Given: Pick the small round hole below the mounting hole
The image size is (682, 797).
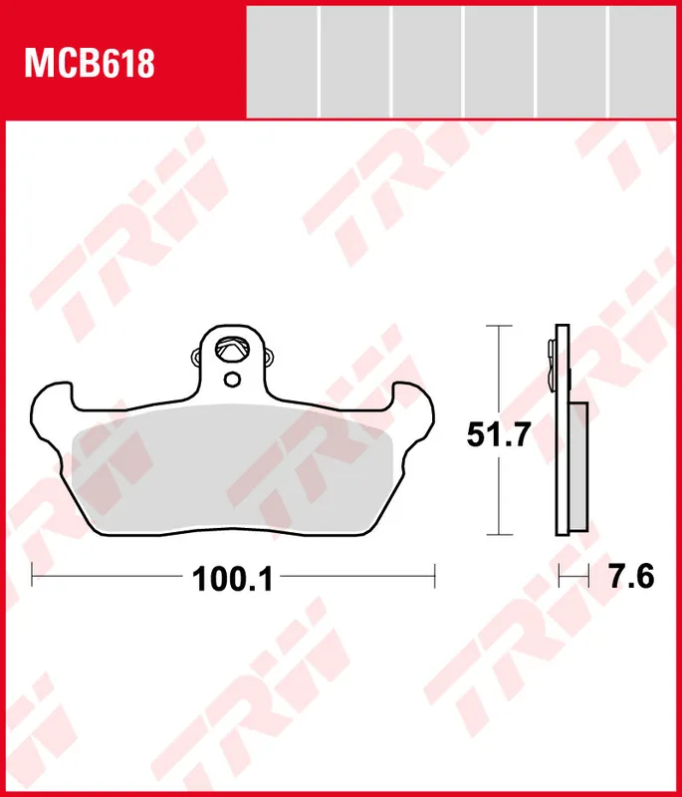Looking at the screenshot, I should point(232,380).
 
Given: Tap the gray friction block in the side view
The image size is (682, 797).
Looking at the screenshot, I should point(577,468).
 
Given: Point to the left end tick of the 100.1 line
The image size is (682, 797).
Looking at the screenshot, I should point(33,575).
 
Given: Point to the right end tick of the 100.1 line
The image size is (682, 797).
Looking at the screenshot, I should point(435,575).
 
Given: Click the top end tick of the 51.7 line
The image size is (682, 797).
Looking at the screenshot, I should point(498,326).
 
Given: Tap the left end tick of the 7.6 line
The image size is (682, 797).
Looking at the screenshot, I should point(560,575).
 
